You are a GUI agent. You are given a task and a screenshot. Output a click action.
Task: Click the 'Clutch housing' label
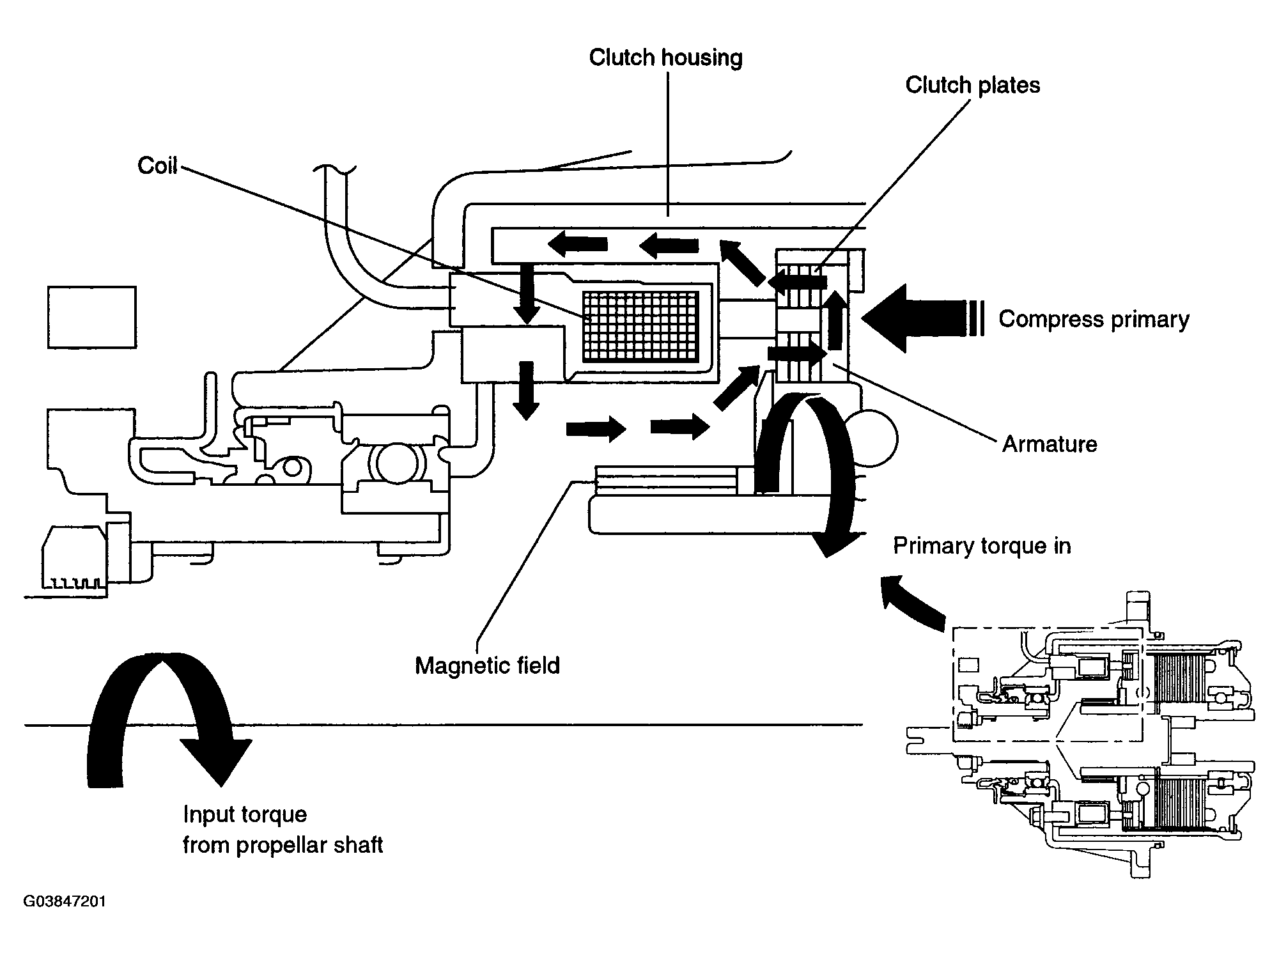pyautogui.click(x=665, y=58)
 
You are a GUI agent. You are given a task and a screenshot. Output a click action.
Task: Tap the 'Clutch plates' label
pyautogui.click(x=972, y=86)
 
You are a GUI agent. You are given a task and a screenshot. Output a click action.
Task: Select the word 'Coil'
pyautogui.click(x=157, y=166)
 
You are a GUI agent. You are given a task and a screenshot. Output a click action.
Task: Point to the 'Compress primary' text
pyautogui.click(x=1094, y=320)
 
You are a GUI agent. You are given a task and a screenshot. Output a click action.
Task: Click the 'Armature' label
pyautogui.click(x=1049, y=444)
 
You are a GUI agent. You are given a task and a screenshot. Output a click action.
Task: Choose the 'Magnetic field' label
pyautogui.click(x=487, y=666)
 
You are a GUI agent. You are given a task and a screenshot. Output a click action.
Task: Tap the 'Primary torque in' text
pyautogui.click(x=982, y=546)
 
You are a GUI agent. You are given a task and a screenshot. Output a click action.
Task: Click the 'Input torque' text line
pyautogui.click(x=245, y=814)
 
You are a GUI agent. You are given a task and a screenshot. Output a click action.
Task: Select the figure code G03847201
pyautogui.click(x=65, y=902)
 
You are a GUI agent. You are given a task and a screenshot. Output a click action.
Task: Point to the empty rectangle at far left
pyautogui.click(x=92, y=317)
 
